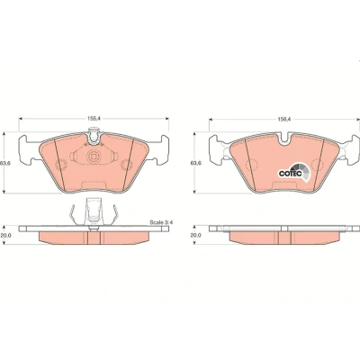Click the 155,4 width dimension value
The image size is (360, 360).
94,119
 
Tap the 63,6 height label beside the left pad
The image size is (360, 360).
4,163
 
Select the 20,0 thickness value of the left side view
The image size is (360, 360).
5,236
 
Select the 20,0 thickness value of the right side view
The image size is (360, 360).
196,236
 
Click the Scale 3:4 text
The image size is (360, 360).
162,222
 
